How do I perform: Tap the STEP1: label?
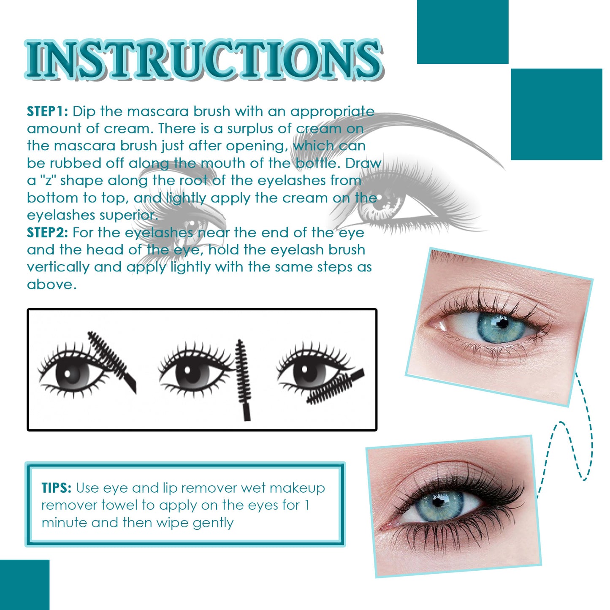(47, 111)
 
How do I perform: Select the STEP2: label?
(47, 233)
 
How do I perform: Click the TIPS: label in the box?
(57, 488)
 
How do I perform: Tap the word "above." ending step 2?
(52, 285)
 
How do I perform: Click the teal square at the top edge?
(462, 32)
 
